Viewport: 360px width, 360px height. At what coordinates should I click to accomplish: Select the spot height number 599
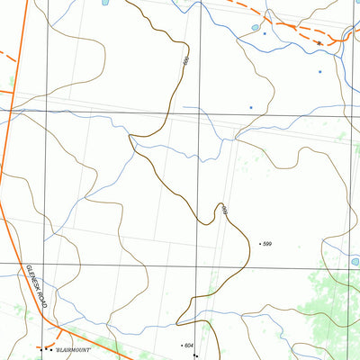coord(267,244)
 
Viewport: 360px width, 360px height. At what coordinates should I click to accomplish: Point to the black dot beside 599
coord(259,244)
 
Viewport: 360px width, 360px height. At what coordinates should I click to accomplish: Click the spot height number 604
coord(188,346)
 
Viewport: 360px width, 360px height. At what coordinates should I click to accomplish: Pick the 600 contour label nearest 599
coord(224,211)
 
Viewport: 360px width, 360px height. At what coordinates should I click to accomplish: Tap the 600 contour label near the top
coord(184,60)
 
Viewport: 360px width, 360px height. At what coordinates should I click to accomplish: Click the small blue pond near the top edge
coord(256,28)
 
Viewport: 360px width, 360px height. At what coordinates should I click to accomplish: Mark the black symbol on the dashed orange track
coord(319,42)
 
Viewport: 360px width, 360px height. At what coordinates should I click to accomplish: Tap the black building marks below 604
coord(195,355)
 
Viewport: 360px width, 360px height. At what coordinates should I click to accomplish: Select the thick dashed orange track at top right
coord(288,27)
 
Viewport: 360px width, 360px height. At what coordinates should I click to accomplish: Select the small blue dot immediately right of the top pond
coord(265,33)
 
